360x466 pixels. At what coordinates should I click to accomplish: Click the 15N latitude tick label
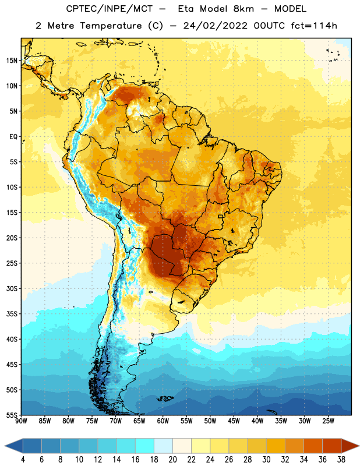coord(12,61)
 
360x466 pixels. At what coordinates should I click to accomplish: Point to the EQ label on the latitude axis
coord(13,137)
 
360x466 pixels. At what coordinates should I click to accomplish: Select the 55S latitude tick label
coord(12,415)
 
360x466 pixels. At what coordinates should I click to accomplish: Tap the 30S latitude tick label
coord(12,288)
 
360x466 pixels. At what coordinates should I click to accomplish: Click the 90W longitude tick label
coord(21,421)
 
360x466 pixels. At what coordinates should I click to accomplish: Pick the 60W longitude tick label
coord(163,421)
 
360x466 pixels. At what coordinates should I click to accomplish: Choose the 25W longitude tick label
coord(328,421)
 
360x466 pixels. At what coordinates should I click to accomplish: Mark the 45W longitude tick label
coord(234,421)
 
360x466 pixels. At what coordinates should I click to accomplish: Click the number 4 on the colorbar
coord(23,460)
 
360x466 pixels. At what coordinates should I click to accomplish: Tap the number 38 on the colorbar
coord(341,460)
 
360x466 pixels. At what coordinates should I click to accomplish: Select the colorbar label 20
coord(172,460)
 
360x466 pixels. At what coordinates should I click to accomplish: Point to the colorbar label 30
coord(266,460)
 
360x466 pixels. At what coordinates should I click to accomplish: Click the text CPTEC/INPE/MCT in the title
coord(109,9)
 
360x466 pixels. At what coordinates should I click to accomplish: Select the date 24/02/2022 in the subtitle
coord(215,26)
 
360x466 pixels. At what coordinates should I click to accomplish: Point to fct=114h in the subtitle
coord(314,26)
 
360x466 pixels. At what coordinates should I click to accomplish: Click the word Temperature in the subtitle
coord(111,26)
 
